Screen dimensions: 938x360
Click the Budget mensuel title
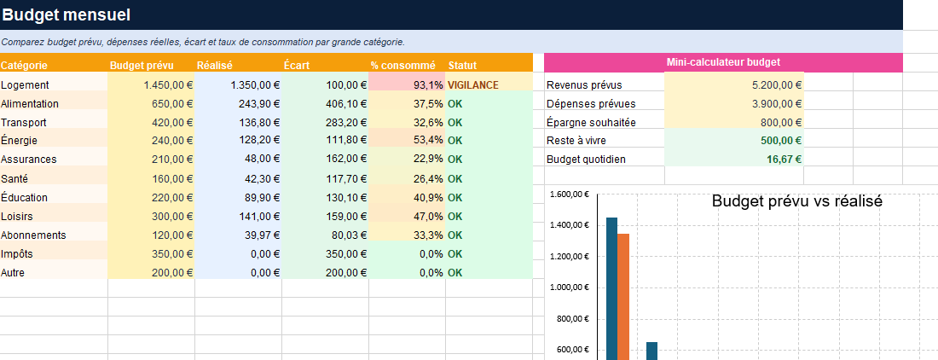67,15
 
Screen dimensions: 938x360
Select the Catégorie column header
24,65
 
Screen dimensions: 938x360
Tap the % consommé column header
402,65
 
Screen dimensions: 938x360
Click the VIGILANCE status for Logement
472,85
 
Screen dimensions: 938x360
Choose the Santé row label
14,179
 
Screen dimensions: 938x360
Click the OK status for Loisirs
455,216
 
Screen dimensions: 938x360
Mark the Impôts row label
17,253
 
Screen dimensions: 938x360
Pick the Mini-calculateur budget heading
723,62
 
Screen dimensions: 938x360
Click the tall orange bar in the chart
622,297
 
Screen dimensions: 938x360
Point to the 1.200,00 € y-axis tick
569,257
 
